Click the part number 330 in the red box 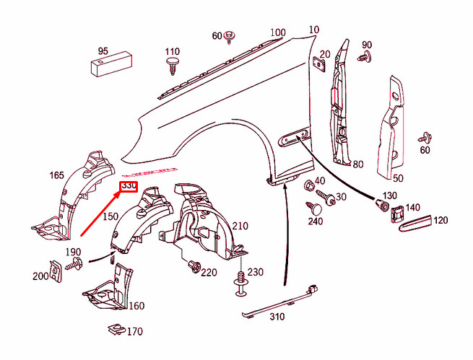click(x=129, y=186)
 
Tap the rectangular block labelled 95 click(x=112, y=64)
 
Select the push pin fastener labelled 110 click(x=173, y=66)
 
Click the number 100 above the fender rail click(x=278, y=32)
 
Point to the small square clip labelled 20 click(x=319, y=64)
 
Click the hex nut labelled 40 click(x=308, y=184)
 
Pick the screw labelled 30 click(x=325, y=198)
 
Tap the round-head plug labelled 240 click(x=314, y=208)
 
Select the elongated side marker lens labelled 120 click(x=416, y=223)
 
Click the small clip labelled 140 click(x=397, y=214)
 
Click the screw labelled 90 click(x=364, y=56)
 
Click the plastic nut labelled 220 click(x=194, y=267)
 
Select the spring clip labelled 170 click(x=116, y=329)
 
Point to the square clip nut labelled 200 click(x=56, y=271)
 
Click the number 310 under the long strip click(x=277, y=316)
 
